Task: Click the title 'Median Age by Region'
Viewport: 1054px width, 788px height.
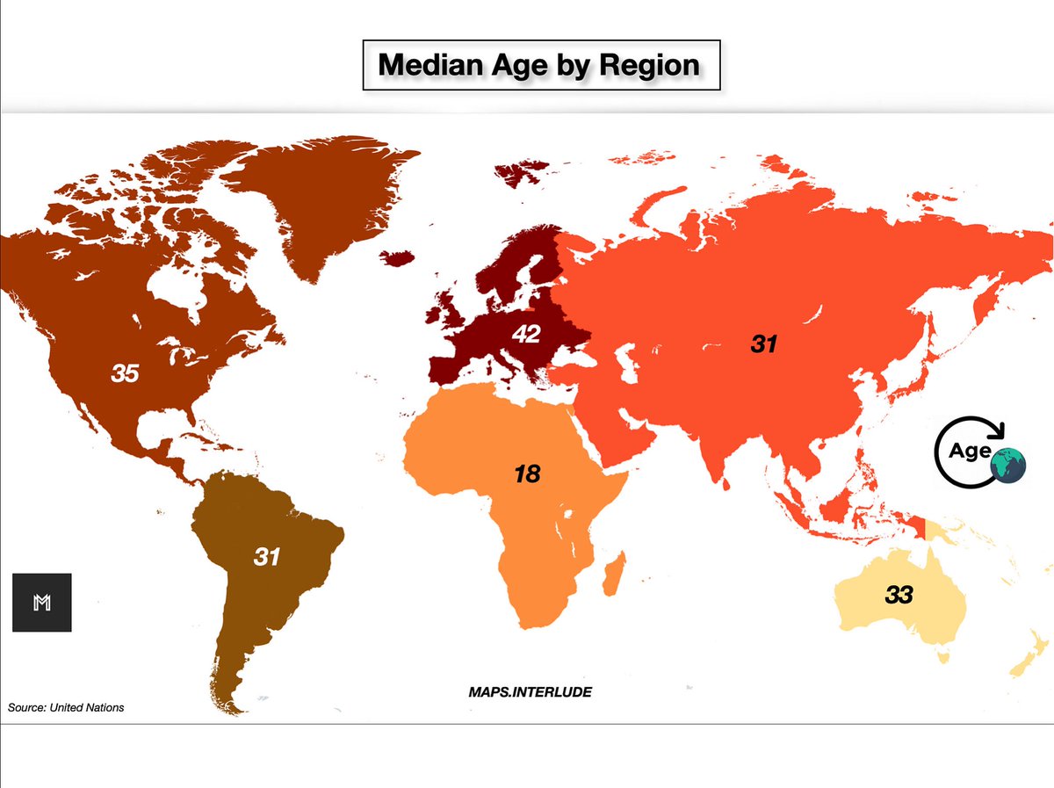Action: (x=539, y=64)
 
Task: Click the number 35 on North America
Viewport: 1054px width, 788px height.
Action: (x=125, y=373)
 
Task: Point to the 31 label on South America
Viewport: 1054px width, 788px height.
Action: (x=266, y=556)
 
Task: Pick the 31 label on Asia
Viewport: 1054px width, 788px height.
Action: (x=764, y=344)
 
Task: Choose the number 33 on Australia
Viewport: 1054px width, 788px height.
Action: (x=899, y=595)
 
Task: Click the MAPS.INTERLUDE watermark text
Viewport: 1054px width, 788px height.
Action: (x=530, y=692)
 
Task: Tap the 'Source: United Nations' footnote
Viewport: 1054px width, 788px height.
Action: (x=67, y=707)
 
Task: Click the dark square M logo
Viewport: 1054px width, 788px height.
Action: (x=41, y=603)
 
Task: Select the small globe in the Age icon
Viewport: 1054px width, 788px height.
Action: (x=1007, y=465)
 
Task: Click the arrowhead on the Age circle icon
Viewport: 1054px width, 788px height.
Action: (x=998, y=430)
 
